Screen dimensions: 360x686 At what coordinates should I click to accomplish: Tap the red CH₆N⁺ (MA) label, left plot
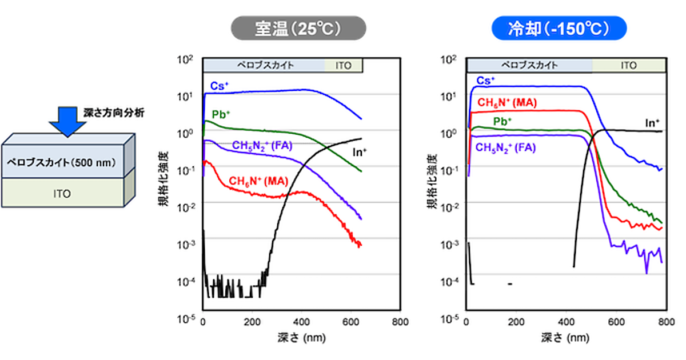[259, 182]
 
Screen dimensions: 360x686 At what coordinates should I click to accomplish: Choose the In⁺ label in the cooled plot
[652, 122]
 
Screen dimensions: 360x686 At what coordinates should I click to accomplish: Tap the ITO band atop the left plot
[344, 65]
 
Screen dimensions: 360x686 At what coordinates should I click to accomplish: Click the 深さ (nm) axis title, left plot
[301, 337]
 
